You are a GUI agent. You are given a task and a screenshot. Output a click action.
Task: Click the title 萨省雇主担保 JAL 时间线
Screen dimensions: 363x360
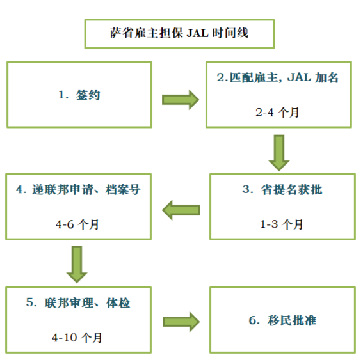pos(179,33)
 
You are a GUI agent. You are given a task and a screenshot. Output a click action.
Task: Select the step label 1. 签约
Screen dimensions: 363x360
pos(79,95)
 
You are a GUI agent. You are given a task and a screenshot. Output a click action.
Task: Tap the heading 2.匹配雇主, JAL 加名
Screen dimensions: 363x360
pos(278,77)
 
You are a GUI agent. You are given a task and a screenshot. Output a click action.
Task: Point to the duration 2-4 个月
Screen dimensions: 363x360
pos(277,113)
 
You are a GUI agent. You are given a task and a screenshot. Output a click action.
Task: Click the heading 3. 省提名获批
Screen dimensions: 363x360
pos(282,190)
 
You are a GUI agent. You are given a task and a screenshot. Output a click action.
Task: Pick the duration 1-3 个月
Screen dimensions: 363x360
pos(282,224)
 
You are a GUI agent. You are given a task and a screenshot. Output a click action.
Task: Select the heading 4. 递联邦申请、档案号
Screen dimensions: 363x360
pos(78,190)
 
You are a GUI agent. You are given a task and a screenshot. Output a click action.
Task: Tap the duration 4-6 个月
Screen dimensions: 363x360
pos(77,224)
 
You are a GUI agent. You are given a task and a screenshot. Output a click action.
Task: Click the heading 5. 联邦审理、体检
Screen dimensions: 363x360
pos(78,302)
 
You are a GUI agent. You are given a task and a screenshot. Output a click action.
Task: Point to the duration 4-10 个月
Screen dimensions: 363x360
pos(77,338)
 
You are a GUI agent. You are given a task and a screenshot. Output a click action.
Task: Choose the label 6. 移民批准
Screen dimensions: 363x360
pos(282,320)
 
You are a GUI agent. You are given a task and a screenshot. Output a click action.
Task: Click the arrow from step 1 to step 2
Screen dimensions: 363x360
pos(181,100)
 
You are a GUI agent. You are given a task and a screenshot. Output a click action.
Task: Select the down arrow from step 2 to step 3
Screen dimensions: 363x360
pos(279,153)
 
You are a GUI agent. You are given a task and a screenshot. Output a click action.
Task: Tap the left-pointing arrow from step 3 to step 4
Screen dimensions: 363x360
pos(181,210)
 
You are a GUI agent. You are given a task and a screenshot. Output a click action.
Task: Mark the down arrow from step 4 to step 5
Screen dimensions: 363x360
pos(77,265)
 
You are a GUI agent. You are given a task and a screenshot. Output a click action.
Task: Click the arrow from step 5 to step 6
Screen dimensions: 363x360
pos(181,322)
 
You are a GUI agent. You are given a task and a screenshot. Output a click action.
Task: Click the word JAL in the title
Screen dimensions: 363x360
pos(197,33)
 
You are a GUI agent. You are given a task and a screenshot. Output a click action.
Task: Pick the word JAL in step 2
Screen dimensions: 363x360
pos(299,77)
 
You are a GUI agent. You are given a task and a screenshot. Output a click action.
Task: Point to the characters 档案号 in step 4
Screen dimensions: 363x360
pos(123,190)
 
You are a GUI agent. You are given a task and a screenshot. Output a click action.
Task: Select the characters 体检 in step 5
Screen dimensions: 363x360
pos(118,303)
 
